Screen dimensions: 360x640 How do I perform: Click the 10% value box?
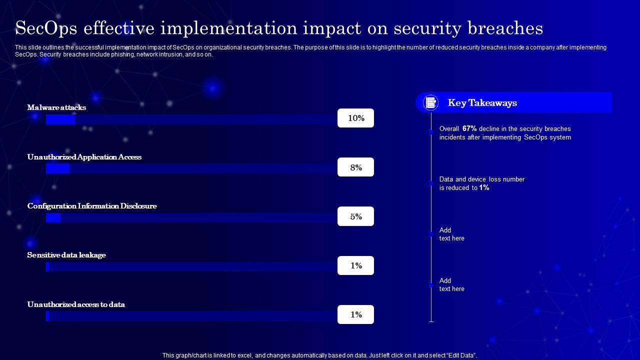click(x=355, y=118)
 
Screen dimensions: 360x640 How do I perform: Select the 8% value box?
click(x=355, y=167)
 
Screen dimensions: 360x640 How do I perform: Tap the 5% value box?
click(x=355, y=216)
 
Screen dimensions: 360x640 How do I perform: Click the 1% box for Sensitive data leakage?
click(x=355, y=265)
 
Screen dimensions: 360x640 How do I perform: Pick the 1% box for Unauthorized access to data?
click(x=355, y=314)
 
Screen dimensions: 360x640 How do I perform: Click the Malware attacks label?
click(x=56, y=107)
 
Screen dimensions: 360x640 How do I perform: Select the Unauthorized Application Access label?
click(x=84, y=157)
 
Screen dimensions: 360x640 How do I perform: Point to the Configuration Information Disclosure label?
click(x=92, y=206)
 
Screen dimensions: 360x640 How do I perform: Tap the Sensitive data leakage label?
click(x=66, y=255)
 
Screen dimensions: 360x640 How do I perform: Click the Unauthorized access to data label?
click(x=76, y=304)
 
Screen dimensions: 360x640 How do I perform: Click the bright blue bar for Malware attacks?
click(x=60, y=119)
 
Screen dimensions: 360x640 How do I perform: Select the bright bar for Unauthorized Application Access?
click(x=57, y=168)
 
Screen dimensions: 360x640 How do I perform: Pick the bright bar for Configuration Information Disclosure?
click(x=53, y=217)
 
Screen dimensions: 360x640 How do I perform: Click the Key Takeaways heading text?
click(x=482, y=103)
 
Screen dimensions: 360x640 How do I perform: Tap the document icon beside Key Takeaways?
click(x=430, y=102)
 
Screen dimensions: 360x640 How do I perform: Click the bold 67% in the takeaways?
click(x=469, y=128)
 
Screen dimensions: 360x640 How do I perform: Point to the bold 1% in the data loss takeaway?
click(x=484, y=187)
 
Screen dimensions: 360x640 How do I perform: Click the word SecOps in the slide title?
click(x=46, y=28)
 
